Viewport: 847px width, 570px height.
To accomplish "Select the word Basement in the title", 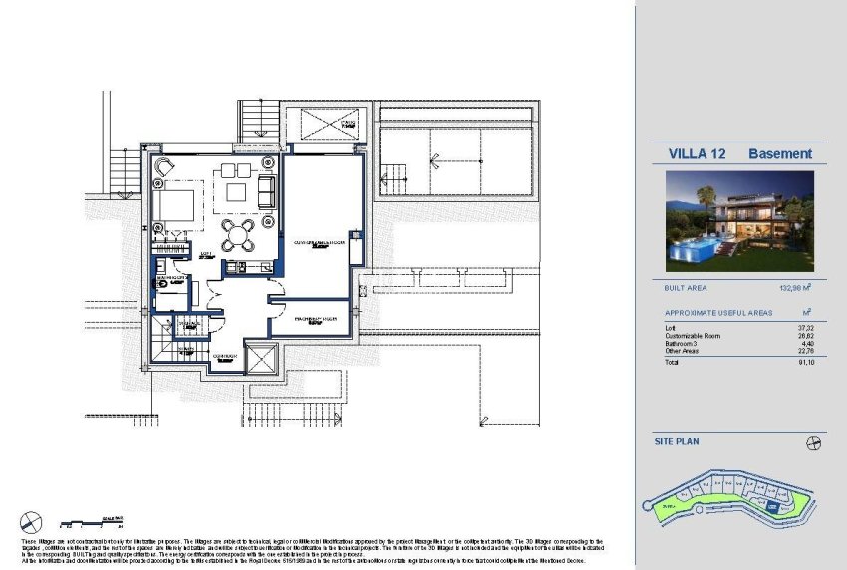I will point(780,154).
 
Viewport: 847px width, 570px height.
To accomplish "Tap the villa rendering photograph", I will point(739,221).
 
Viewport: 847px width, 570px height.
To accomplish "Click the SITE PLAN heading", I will point(678,439).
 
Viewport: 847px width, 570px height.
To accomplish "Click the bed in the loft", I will point(175,205).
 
